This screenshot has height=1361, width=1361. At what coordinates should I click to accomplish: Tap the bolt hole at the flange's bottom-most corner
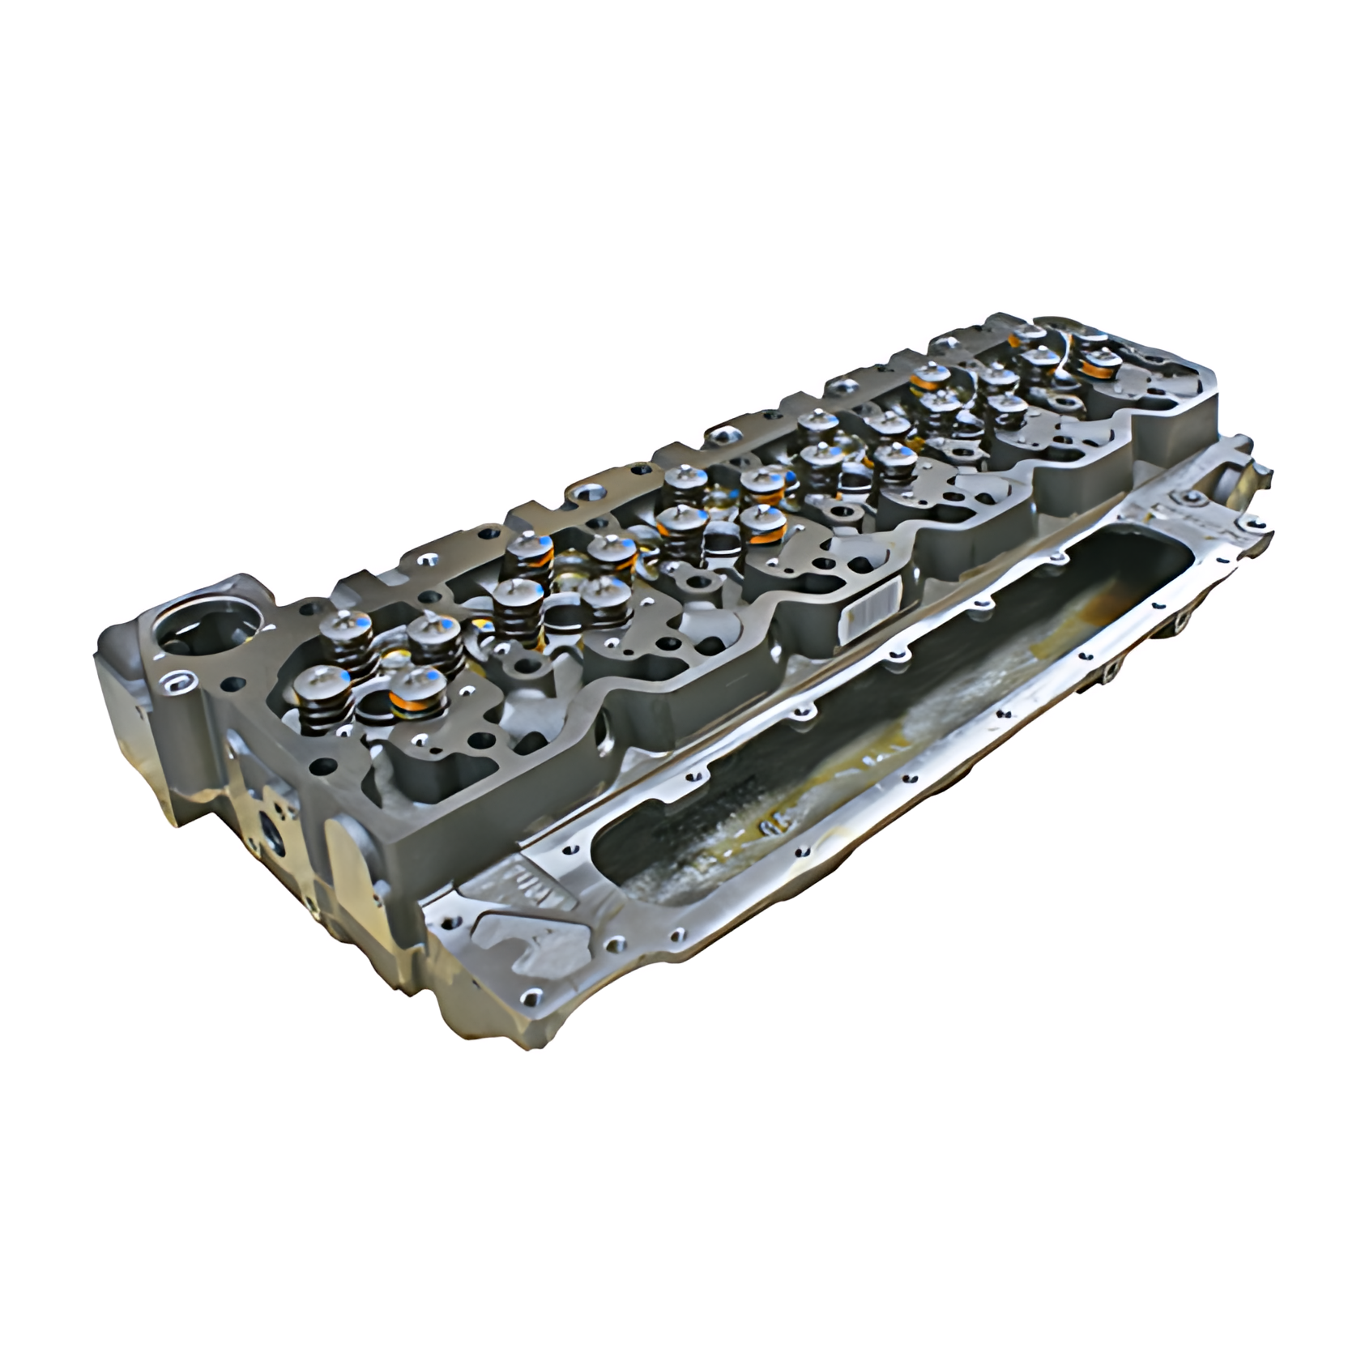point(531,995)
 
